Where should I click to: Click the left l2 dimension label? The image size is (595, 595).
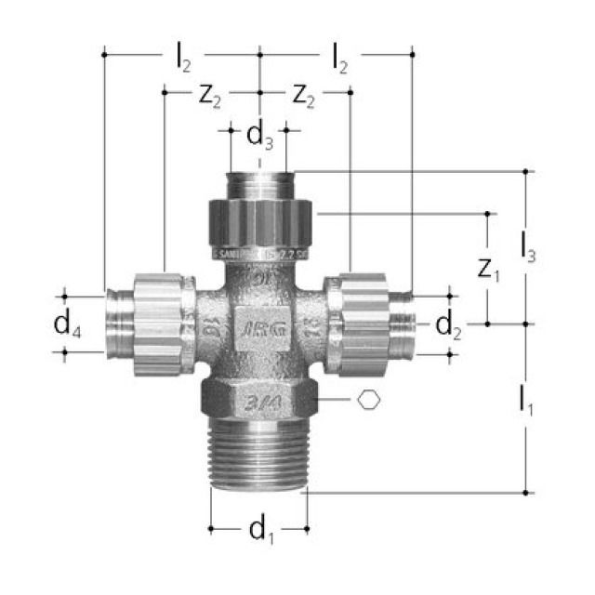[183, 59]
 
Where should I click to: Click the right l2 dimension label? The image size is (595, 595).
[340, 59]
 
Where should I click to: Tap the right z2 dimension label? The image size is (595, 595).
[308, 95]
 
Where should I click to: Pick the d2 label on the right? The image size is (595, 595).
[448, 324]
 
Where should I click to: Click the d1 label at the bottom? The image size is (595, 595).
[259, 531]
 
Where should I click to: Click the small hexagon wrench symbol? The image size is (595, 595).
[370, 400]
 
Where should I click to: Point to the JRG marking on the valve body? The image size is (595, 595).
[259, 328]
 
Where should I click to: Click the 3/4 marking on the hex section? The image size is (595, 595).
[259, 401]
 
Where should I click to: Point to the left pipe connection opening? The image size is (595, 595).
[115, 321]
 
